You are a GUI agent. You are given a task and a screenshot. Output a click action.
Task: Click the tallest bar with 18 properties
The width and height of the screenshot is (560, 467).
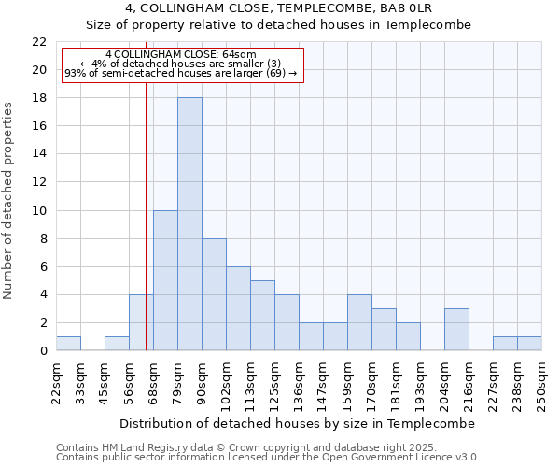click(189, 224)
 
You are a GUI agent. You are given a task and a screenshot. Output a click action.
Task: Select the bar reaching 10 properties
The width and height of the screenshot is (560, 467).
click(165, 280)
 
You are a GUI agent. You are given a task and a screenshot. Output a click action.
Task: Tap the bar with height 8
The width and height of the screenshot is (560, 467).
click(214, 294)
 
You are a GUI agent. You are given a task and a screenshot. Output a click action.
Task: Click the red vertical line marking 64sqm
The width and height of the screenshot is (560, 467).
click(146, 233)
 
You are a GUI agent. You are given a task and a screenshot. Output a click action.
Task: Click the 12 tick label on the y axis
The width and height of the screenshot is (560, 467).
click(39, 182)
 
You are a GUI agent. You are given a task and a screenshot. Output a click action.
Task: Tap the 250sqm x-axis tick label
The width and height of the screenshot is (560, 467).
click(542, 384)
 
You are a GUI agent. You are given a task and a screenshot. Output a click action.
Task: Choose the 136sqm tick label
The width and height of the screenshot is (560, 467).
click(299, 384)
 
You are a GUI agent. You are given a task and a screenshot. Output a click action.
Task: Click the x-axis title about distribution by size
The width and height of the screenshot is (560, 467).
click(298, 423)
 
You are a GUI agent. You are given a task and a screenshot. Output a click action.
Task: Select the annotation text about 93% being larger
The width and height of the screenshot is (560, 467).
click(181, 73)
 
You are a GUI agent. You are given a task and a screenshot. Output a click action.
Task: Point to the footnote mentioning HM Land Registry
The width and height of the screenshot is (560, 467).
click(239, 447)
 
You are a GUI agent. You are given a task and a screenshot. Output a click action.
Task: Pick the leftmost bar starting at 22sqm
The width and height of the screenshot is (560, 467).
click(68, 344)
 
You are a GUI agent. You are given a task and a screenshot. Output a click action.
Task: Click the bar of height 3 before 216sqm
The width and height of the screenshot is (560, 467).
click(456, 330)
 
